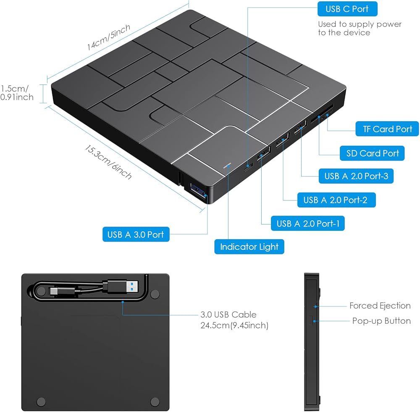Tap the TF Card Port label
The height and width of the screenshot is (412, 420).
387,129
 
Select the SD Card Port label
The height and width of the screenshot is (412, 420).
372,153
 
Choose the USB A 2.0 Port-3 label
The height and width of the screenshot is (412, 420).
356,176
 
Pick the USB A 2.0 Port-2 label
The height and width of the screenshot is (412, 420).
335,200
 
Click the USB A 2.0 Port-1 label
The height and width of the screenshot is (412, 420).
308,224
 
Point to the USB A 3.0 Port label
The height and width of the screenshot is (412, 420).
136,234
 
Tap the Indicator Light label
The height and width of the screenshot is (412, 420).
249,247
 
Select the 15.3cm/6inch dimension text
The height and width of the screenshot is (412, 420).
108,162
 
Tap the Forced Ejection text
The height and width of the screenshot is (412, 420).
380,306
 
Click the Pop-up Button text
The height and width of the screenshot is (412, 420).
381,321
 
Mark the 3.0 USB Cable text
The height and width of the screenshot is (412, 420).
228,314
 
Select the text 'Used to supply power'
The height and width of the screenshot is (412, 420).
360,24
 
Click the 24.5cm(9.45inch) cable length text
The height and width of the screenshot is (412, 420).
234,325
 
